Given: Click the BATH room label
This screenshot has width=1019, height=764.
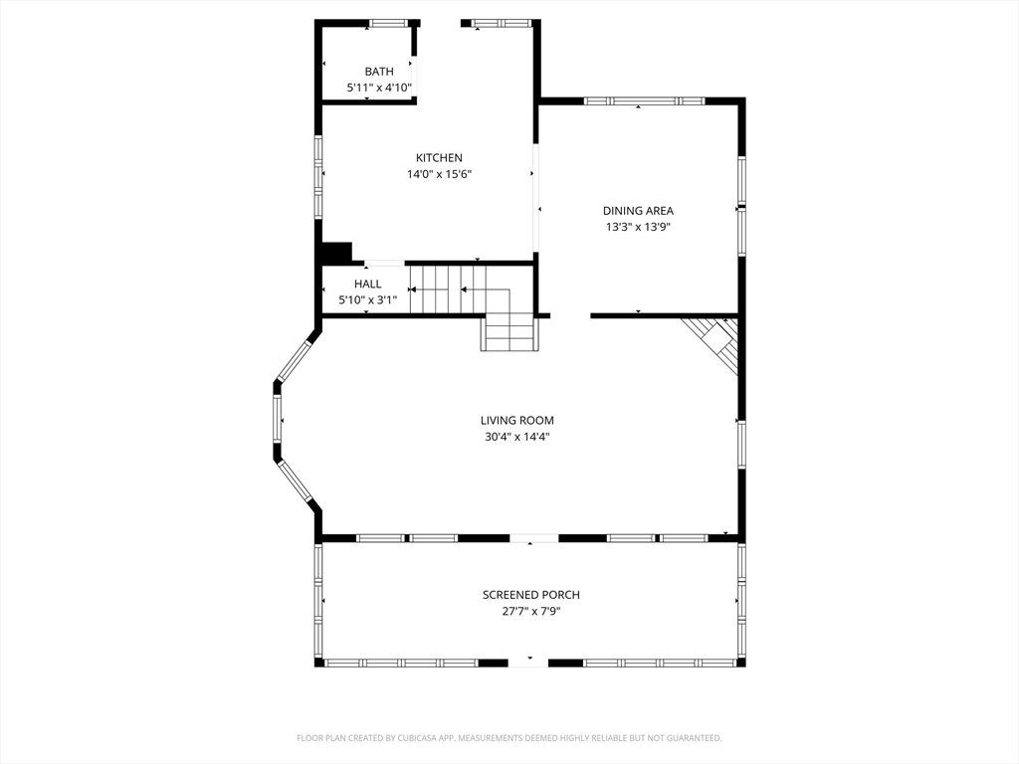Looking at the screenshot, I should (x=379, y=72).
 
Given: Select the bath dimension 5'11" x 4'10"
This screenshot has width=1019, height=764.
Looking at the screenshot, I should (x=379, y=88).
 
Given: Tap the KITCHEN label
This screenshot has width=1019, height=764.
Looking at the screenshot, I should (x=439, y=158).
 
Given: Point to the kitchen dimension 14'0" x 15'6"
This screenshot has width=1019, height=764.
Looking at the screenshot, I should (x=439, y=174).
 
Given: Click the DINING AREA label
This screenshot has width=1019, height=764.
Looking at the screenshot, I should (x=638, y=211).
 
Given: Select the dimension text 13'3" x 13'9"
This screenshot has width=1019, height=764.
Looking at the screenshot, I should (x=638, y=227).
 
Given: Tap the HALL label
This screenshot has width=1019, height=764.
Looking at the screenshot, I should (x=367, y=285).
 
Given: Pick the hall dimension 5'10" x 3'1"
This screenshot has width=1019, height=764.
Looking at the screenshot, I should (x=367, y=300).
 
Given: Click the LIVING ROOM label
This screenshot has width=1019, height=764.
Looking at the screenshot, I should (x=517, y=421).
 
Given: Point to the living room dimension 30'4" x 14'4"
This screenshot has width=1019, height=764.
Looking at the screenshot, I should (x=517, y=437).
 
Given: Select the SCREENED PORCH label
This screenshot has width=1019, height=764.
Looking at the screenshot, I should (x=531, y=595).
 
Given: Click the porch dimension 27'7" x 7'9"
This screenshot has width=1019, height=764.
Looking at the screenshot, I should (x=531, y=611).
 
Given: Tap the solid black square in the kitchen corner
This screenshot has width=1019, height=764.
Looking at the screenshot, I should (x=337, y=253).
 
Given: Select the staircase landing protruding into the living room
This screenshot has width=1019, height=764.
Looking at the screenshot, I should (x=510, y=333).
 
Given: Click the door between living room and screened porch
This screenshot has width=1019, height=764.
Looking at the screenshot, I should (x=533, y=538).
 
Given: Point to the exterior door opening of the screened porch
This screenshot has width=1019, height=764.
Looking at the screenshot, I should (x=528, y=662).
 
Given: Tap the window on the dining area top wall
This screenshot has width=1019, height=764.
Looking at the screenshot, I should (x=644, y=100).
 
